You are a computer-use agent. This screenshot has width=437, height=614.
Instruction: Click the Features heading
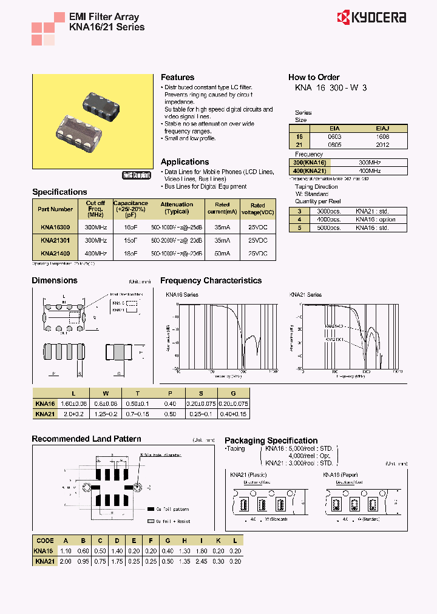tap(177, 78)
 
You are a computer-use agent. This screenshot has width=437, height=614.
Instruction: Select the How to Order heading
tap(314, 78)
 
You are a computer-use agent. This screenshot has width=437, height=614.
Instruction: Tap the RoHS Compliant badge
tap(137, 175)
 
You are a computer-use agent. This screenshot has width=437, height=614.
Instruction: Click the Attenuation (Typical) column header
tap(177, 208)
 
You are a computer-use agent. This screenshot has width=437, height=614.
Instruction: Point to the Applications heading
tap(185, 162)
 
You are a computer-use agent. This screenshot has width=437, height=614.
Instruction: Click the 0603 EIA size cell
tap(334, 137)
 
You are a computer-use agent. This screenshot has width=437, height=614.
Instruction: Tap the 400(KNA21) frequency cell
tap(310, 171)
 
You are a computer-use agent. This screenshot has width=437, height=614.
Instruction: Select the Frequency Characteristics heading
tap(211, 281)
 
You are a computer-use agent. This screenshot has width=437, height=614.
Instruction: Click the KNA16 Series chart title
tap(182, 295)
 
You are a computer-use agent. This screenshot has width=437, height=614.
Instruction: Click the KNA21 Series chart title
tap(306, 295)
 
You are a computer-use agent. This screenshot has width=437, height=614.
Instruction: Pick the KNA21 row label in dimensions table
tap(45, 414)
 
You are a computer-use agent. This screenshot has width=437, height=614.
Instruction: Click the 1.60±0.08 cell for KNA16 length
tap(75, 403)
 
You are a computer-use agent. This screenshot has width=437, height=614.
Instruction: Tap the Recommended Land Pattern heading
tap(86, 439)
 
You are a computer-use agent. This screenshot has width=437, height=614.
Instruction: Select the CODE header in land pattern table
tap(45, 541)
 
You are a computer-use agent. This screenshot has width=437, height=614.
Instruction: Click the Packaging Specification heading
tap(271, 441)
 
